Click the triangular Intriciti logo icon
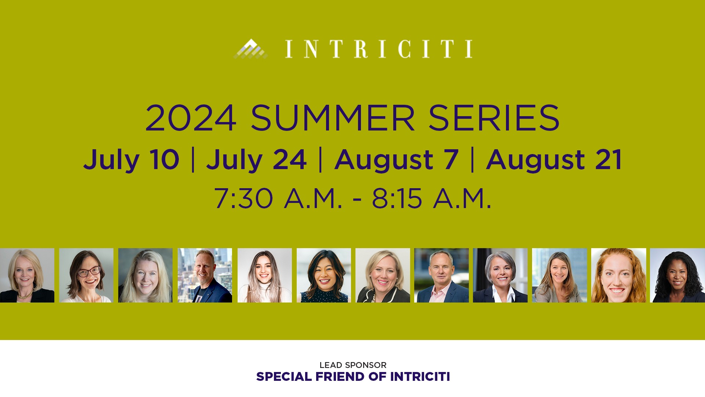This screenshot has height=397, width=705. pyautogui.click(x=250, y=49)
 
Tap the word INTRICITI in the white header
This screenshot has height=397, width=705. pyautogui.click(x=379, y=49)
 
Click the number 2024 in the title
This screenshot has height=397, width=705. pyautogui.click(x=191, y=118)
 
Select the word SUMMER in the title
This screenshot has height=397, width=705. pyautogui.click(x=333, y=118)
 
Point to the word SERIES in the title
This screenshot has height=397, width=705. pyautogui.click(x=494, y=118)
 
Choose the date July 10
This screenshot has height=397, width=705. pyautogui.click(x=131, y=160)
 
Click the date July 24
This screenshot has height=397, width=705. pyautogui.click(x=256, y=160)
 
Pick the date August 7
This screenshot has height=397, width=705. pyautogui.click(x=397, y=160)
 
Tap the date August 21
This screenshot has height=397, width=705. pyautogui.click(x=554, y=160)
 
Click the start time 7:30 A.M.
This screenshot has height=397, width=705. pyautogui.click(x=278, y=198)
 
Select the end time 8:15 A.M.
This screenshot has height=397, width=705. pyautogui.click(x=431, y=198)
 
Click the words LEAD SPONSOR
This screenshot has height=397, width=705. pyautogui.click(x=353, y=365)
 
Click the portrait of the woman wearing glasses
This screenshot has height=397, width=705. pyautogui.click(x=86, y=275)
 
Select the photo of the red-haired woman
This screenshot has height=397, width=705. pyautogui.click(x=619, y=275)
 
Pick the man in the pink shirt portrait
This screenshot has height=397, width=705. pyautogui.click(x=441, y=275)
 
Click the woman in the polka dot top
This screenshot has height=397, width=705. pyautogui.click(x=324, y=275)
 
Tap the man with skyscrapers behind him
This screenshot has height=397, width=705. pyautogui.click(x=205, y=275)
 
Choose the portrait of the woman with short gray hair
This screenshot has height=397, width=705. pyautogui.click(x=500, y=275)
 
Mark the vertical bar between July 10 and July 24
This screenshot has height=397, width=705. pyautogui.click(x=193, y=160)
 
